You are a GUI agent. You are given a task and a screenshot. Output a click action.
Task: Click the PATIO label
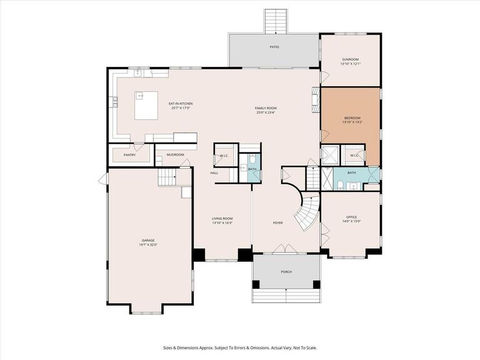(x=274, y=47)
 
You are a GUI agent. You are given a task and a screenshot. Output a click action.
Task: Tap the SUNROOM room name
(x=350, y=59)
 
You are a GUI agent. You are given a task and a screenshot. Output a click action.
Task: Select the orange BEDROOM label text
(x=352, y=117)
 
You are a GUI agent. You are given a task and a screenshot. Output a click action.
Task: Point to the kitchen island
(x=148, y=105)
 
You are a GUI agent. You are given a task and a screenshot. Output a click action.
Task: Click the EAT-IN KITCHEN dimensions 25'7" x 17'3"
(x=181, y=108)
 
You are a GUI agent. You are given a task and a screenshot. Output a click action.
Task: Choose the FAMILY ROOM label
(x=266, y=108)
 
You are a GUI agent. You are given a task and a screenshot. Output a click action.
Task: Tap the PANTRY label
(x=129, y=155)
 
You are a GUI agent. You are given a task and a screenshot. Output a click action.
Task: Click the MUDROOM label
(x=175, y=154)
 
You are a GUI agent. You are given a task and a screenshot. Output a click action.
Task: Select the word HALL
(x=214, y=173)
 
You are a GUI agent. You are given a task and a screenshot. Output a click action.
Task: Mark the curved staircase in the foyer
(x=308, y=212)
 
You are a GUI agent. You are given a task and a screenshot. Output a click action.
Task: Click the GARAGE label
(x=148, y=240)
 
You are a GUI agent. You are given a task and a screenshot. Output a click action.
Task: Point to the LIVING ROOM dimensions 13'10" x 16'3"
(x=222, y=223)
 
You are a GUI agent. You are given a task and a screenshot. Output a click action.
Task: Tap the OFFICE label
(x=351, y=217)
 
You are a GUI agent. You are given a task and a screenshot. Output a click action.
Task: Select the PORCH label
(x=286, y=272)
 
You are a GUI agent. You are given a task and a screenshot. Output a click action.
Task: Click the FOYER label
(x=277, y=222)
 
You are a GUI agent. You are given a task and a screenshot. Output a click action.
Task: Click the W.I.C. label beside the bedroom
(x=354, y=155)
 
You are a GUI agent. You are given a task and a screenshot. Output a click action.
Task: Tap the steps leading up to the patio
(x=274, y=21)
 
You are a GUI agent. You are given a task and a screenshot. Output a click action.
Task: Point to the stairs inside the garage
(x=167, y=178)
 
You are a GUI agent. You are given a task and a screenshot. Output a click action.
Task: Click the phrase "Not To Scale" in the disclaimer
(x=303, y=348)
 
